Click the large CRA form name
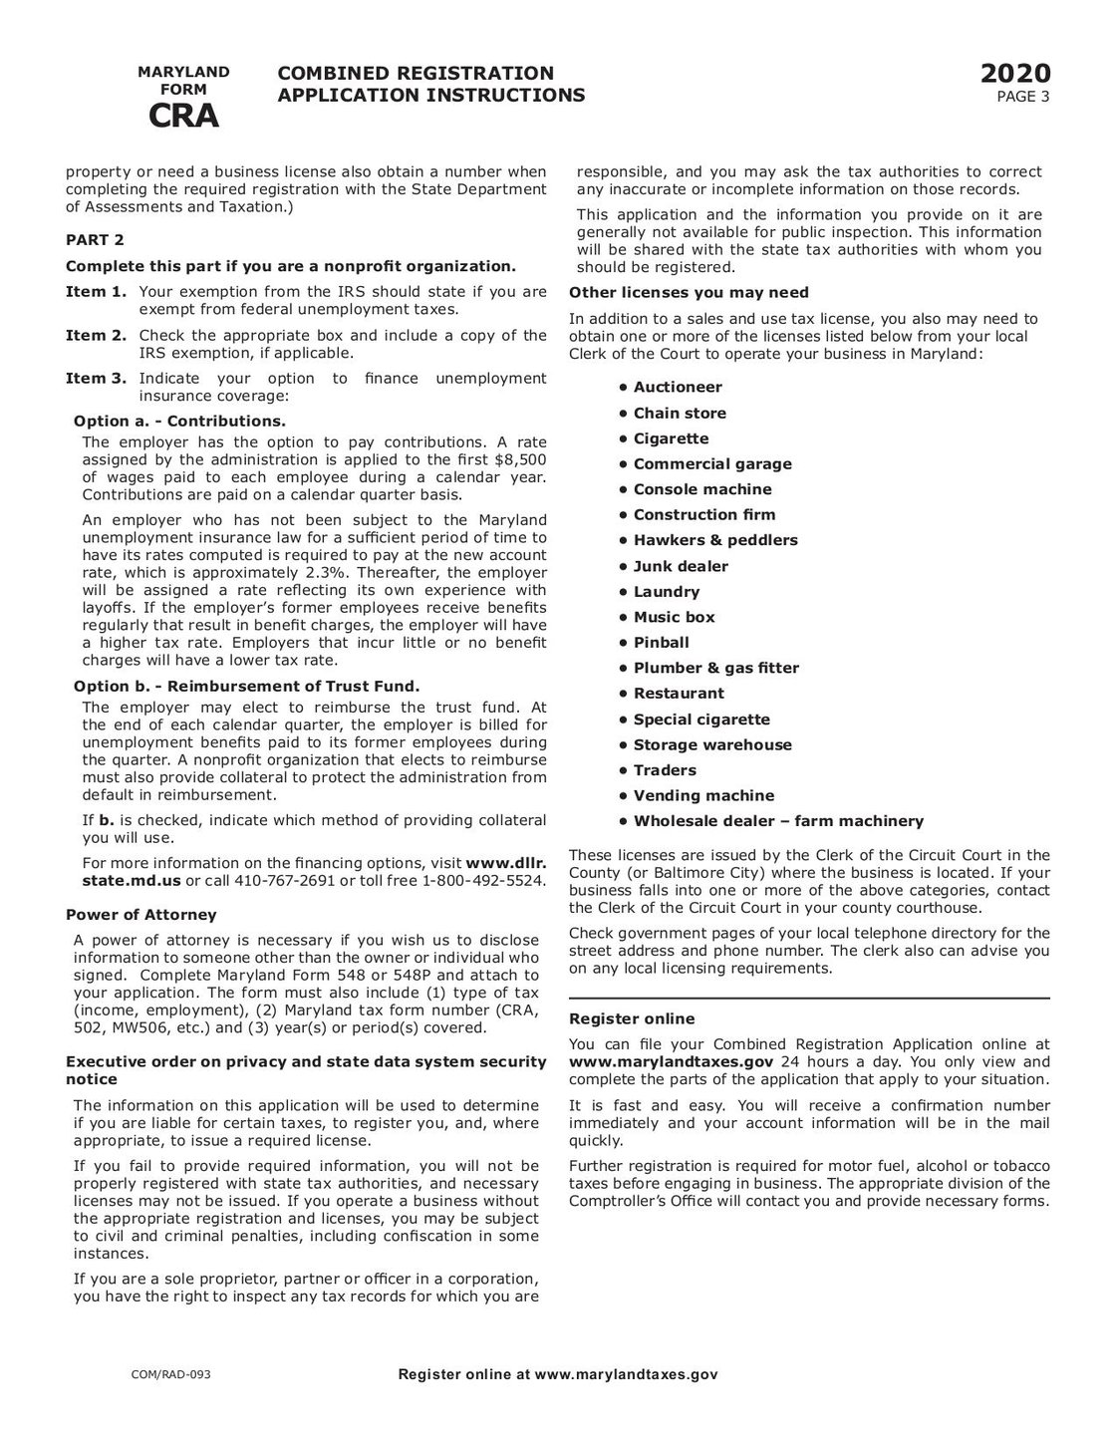183,117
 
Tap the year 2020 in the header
1014,75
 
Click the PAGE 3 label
1023,97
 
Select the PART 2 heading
95,240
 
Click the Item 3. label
96,379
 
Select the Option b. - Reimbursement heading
247,686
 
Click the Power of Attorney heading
140,915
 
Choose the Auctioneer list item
677,388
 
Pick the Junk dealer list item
680,566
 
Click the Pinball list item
661,643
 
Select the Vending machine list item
702,796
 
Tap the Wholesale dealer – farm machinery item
777,822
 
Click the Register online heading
631,1019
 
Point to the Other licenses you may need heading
689,293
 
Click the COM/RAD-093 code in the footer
170,1375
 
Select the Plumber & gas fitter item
715,669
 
